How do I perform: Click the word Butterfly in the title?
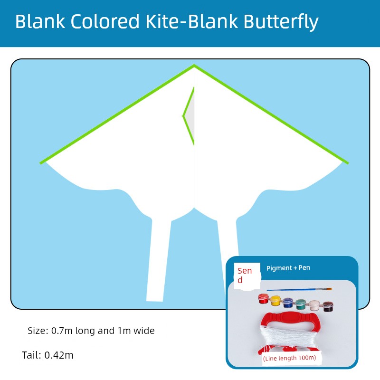point(281,22)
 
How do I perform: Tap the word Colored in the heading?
point(105,21)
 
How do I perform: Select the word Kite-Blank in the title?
point(191,21)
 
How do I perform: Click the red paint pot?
point(264,299)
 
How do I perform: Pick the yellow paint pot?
point(275,301)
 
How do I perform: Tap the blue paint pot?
point(288,303)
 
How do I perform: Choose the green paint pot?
point(301,304)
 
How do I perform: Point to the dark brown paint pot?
point(328,306)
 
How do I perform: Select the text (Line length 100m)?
point(290,358)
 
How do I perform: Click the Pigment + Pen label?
point(288,268)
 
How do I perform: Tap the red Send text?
point(245,275)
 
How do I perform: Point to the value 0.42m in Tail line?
point(59,355)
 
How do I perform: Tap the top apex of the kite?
point(194,65)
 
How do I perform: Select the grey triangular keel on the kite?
point(190,116)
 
